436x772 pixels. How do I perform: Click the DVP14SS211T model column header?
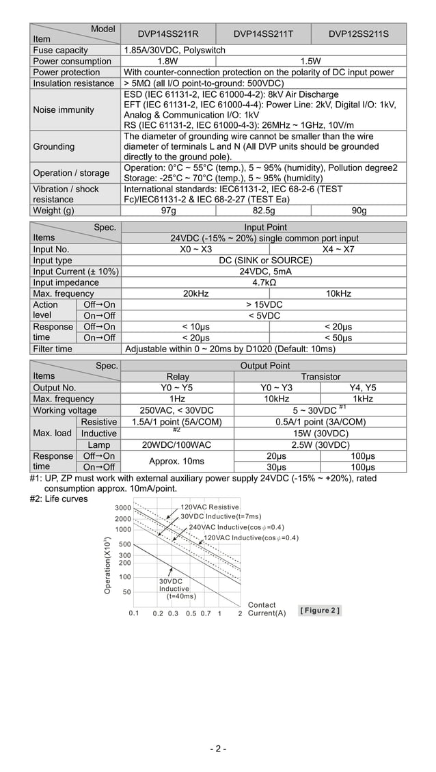pos(263,34)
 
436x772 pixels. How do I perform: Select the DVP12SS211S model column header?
pos(358,34)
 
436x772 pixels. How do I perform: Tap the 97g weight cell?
pos(168,211)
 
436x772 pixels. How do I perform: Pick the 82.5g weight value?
pos(263,211)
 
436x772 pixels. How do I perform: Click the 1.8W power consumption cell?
pos(168,61)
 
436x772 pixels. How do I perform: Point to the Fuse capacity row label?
pos(61,50)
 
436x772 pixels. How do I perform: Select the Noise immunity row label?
pos(64,110)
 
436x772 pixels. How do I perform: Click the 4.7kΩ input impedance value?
pos(264,282)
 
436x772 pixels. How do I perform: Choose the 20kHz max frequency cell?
pos(195,293)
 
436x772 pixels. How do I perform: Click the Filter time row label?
pos(53,349)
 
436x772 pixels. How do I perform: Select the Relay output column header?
pos(178,377)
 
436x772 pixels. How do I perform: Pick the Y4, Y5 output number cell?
pos(363,388)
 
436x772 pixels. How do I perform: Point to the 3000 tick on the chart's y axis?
pos(123,508)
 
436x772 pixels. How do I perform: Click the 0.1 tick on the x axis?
pos(134,613)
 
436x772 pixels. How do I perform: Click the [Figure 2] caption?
pos(320,610)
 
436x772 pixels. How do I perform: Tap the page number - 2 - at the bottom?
pos(218,749)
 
